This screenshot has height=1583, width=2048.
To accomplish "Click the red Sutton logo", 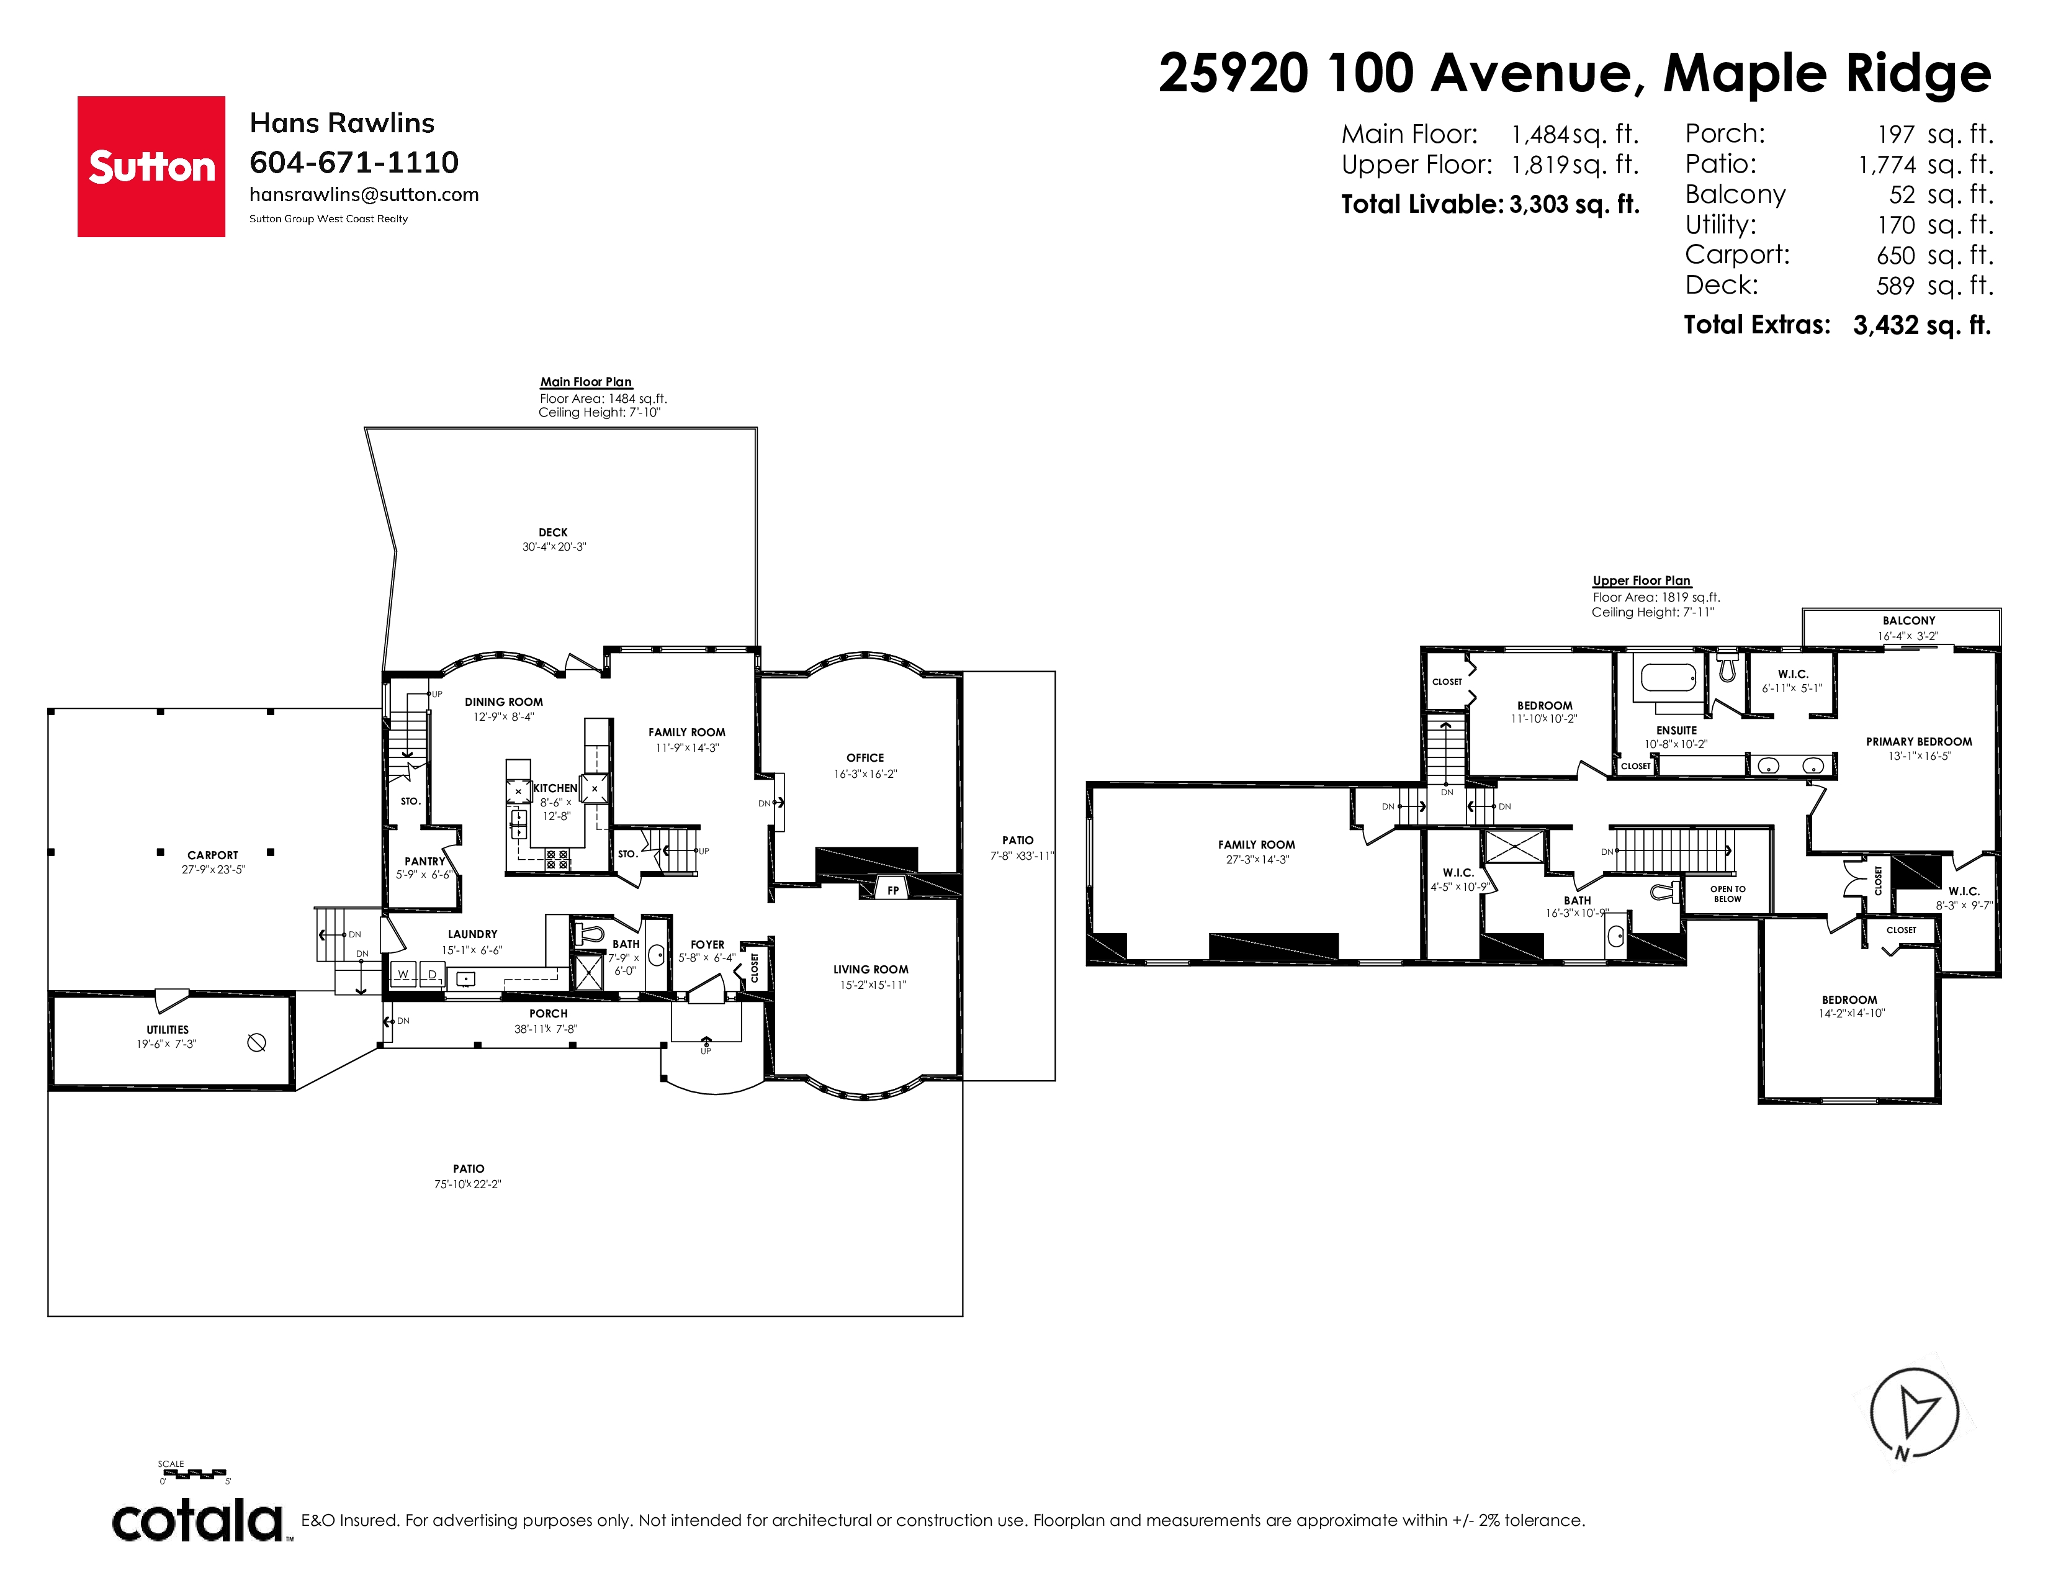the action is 151,166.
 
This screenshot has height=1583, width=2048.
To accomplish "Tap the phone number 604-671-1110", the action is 354,162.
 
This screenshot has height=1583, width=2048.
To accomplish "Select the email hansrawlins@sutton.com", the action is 364,194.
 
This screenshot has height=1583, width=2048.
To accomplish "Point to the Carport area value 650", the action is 1895,255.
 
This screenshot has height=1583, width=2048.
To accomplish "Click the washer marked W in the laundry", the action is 403,975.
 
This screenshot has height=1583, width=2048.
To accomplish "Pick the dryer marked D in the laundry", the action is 433,975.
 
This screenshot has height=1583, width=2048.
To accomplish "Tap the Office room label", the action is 865,758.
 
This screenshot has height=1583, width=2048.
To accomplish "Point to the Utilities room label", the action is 167,1030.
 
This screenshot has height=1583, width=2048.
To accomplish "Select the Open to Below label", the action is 1727,894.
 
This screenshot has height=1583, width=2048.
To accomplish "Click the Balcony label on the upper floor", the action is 1908,621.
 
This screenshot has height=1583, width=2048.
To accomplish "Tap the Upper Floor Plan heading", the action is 1641,580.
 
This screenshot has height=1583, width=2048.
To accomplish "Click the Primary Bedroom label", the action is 1918,742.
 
